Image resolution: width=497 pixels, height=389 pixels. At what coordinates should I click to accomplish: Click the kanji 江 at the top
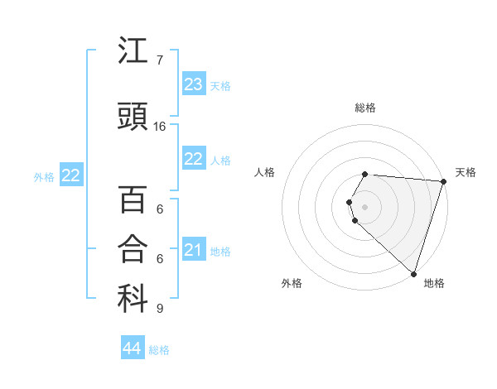pos(133,52)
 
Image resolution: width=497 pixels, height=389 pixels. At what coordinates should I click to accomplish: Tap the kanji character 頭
pos(133,118)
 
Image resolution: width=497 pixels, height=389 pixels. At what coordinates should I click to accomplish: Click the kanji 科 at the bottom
pos(133,300)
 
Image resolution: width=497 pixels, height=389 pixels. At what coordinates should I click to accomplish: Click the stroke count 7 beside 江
pos(159,60)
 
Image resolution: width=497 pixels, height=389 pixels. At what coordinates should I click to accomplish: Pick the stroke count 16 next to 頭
pos(160,127)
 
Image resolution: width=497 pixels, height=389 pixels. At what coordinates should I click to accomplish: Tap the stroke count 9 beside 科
pos(159,309)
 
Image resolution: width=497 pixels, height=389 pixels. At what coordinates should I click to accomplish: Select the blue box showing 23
pos(194,84)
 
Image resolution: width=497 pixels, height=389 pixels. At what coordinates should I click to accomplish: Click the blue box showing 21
pos(194,250)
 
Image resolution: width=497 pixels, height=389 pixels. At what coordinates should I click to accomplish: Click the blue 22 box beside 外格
pos(71,175)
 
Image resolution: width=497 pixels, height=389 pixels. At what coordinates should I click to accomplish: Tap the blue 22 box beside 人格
pos(194,159)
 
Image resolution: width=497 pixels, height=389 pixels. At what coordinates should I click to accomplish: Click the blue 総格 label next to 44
pos(159,350)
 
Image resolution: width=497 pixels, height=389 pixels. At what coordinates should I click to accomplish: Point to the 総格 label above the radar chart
pos(365,108)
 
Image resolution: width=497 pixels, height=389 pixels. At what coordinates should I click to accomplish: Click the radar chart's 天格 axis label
pos(466,172)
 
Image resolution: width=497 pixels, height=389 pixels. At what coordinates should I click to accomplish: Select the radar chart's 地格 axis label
pos(434,283)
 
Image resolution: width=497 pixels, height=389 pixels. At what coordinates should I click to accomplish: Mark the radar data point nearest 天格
pos(443,181)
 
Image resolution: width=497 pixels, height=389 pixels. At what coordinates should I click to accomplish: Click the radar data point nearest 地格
pos(413,273)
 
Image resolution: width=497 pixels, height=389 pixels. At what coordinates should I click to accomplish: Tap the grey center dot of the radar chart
pos(365,206)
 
